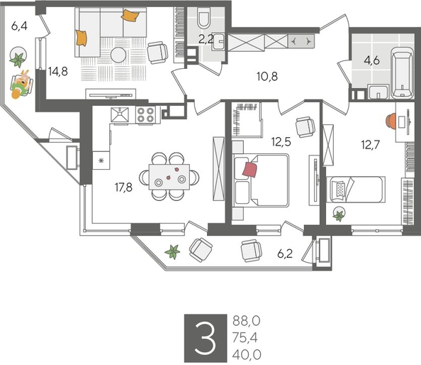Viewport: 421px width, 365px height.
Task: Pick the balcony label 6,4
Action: (19, 29)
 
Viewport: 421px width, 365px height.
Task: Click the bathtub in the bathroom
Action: (401, 73)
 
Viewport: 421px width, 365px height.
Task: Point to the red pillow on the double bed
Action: (249, 169)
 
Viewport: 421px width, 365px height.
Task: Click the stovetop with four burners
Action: (146, 115)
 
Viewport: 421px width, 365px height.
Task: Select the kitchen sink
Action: (119, 115)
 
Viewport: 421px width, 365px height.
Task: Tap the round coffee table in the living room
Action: (119, 55)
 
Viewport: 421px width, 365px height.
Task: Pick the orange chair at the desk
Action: (391, 119)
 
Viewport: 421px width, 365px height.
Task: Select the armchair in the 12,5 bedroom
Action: (305, 126)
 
